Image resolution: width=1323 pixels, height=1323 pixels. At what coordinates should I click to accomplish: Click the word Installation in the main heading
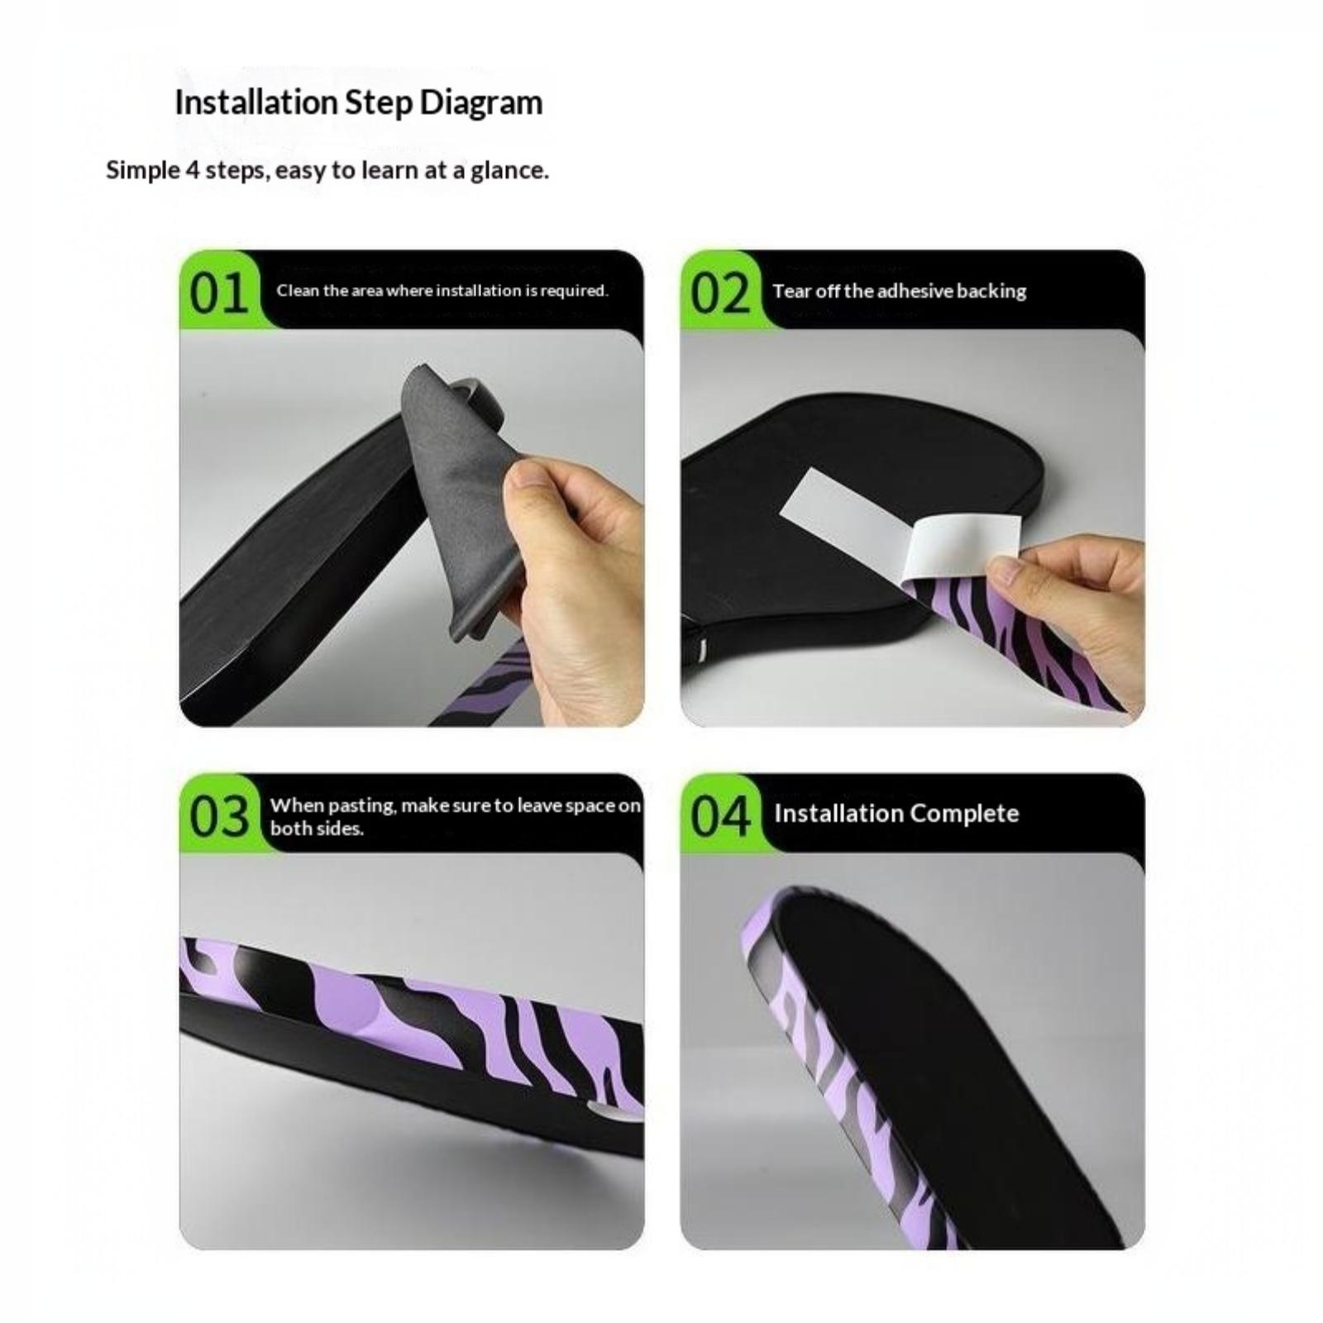click(256, 103)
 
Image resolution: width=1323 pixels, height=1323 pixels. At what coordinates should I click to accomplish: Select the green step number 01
click(219, 294)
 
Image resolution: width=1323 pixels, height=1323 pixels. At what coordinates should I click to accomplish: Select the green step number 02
click(720, 294)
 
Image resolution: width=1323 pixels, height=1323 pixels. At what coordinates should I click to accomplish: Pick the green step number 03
click(219, 817)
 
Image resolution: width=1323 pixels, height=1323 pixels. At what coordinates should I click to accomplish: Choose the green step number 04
click(720, 817)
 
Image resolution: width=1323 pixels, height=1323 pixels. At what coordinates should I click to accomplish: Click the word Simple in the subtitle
click(143, 171)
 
